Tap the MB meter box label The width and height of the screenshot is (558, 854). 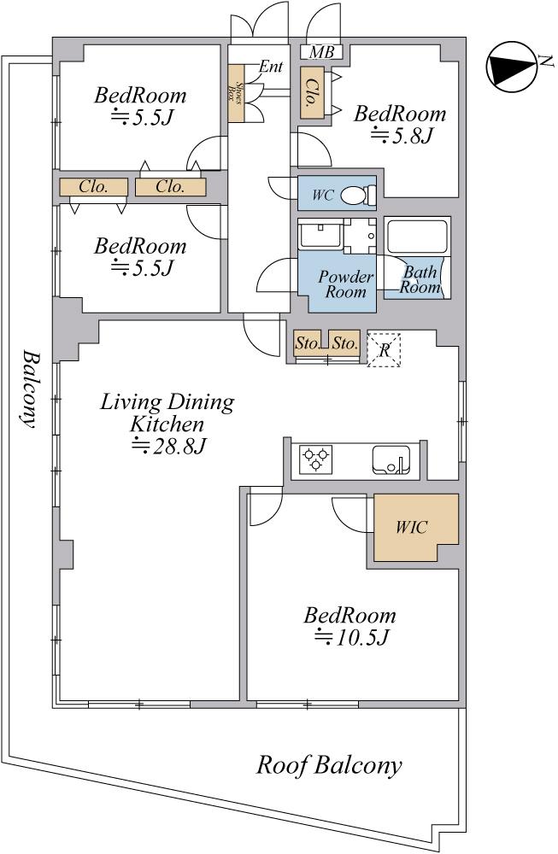point(321,52)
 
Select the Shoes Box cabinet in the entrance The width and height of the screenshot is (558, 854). point(235,94)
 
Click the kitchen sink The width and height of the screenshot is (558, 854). point(391,460)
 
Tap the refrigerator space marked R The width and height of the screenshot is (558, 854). point(385,349)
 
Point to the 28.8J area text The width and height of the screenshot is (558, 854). point(168,446)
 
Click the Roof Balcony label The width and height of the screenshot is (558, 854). point(329,765)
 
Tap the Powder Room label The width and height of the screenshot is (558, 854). point(346,284)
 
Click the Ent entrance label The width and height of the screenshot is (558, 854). point(271,67)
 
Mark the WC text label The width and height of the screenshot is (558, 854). point(323,195)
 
